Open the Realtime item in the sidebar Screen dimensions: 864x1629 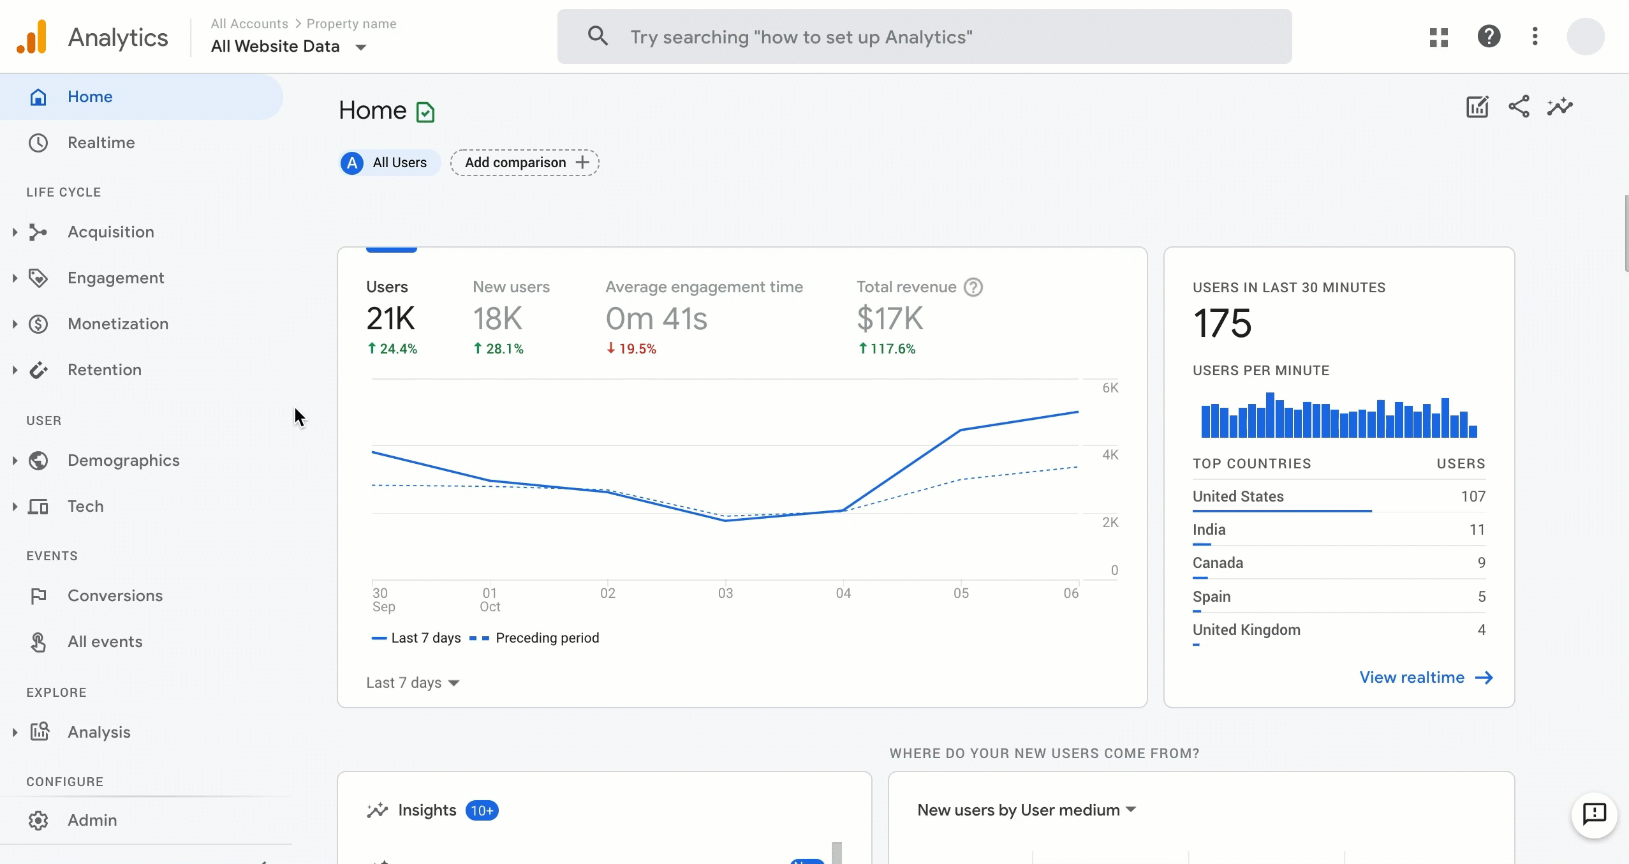click(x=101, y=142)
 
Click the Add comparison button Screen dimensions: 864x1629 click(x=524, y=163)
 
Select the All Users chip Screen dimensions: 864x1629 click(x=389, y=163)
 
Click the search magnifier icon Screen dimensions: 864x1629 click(x=597, y=36)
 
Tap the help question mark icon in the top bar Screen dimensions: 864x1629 click(x=1489, y=36)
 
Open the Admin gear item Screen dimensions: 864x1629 click(x=92, y=820)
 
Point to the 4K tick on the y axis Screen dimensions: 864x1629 click(x=1110, y=455)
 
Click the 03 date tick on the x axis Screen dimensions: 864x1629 click(x=725, y=593)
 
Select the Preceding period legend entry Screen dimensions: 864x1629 click(x=547, y=638)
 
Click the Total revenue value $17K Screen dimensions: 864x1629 click(x=890, y=318)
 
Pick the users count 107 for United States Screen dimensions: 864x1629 click(x=1473, y=496)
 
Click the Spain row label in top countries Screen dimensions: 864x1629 click(x=1211, y=597)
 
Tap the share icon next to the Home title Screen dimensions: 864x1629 click(x=1519, y=107)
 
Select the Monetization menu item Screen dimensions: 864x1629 click(x=118, y=324)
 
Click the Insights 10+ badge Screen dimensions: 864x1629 click(x=482, y=810)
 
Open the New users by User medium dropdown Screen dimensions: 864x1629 click(x=1026, y=810)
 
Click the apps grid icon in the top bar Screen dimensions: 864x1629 click(x=1438, y=37)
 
